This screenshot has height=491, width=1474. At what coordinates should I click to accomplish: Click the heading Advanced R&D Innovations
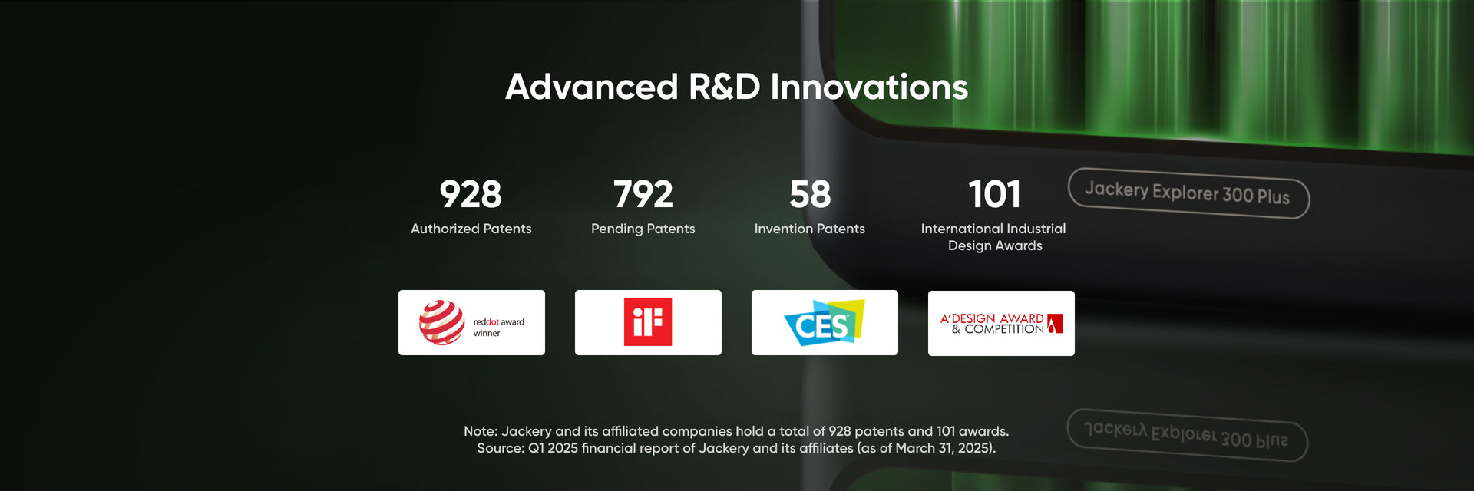(736, 87)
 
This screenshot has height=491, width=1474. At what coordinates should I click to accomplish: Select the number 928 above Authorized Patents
(471, 194)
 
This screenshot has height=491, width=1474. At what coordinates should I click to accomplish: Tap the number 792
(643, 194)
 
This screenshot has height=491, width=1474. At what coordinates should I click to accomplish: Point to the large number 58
(810, 194)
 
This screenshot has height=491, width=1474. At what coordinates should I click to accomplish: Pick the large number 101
(995, 194)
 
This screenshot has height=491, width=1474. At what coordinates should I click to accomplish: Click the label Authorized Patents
(471, 229)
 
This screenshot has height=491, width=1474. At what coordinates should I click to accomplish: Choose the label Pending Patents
(643, 229)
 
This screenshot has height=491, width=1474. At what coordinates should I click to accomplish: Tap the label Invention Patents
(810, 229)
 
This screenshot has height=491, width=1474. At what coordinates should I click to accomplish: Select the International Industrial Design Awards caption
(994, 237)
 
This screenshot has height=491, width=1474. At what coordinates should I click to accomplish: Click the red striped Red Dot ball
(441, 322)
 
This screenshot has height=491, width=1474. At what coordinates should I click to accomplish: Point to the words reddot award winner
(498, 328)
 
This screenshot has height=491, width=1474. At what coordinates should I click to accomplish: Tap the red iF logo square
(648, 322)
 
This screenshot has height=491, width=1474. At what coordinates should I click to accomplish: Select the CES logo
(824, 323)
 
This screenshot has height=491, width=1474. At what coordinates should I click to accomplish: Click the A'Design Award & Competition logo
(1001, 324)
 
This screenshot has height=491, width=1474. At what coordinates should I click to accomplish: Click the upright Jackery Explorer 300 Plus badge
(1188, 193)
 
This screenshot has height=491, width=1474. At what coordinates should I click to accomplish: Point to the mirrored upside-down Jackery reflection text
(1186, 434)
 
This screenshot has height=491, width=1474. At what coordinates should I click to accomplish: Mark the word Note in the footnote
(480, 431)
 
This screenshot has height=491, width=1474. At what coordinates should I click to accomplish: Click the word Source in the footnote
(501, 448)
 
